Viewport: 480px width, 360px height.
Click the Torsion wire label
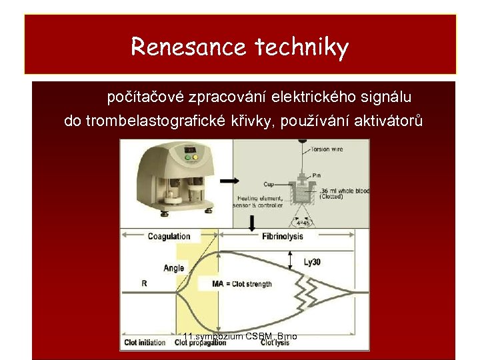327,149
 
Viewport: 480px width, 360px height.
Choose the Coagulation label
169,236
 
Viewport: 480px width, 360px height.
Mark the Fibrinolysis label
283,236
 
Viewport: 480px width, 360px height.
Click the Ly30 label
313,261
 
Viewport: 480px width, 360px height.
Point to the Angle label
174,268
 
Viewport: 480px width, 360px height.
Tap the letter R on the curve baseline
145,283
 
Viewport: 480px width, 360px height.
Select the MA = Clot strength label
242,284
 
